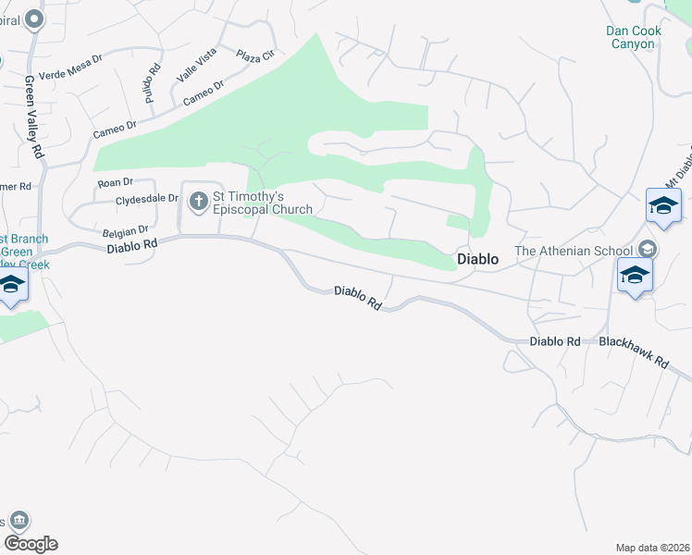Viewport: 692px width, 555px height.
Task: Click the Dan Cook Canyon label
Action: point(634,37)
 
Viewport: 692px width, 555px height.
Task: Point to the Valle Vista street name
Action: point(195,66)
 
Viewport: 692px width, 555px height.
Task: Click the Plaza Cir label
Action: point(255,55)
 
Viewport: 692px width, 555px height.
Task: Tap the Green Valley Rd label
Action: point(33,115)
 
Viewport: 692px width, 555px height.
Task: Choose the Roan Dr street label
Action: point(116,183)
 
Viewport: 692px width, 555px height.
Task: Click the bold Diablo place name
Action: point(478,260)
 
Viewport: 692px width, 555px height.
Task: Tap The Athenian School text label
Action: point(574,251)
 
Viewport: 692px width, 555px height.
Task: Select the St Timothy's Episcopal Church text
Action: point(263,203)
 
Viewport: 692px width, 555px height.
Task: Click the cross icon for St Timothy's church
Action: point(199,201)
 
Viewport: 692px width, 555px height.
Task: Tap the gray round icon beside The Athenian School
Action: point(648,250)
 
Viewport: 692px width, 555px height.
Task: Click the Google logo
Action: point(31,544)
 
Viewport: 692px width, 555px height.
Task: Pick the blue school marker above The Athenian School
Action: point(663,205)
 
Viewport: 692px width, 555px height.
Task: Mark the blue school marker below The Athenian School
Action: point(636,275)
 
